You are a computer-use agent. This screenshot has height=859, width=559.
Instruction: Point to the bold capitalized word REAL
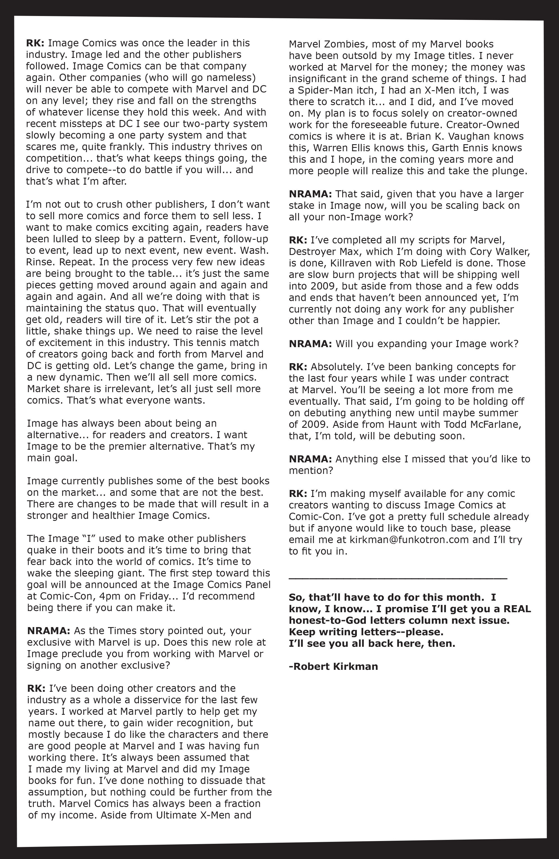(517, 609)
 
